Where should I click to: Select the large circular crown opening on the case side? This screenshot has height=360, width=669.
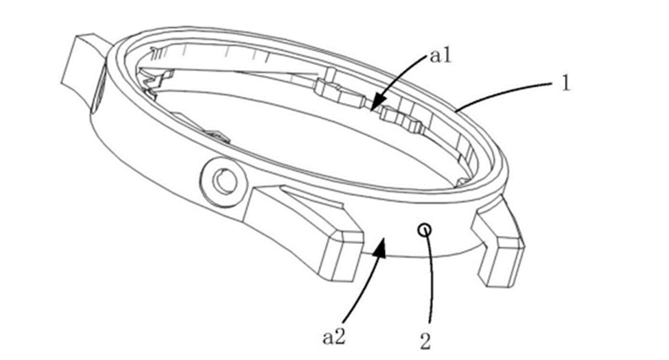click(x=224, y=182)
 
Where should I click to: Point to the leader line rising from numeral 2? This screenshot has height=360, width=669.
click(x=427, y=281)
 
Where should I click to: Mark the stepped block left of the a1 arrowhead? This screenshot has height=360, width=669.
click(x=340, y=93)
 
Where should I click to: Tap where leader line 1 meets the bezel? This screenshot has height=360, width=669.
click(x=457, y=108)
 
